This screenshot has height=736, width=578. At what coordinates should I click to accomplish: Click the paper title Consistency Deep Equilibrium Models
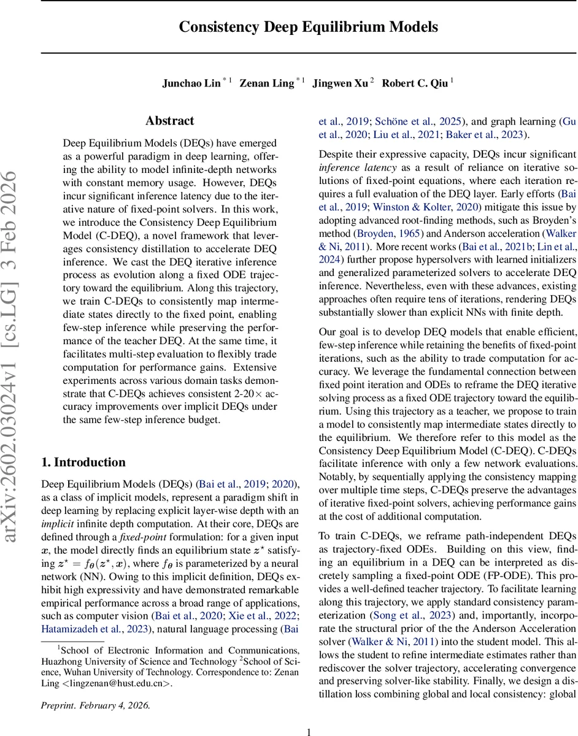point(309,27)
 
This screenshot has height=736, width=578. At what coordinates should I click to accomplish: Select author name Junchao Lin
point(191,83)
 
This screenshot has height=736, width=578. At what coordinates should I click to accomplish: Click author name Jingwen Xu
point(341,83)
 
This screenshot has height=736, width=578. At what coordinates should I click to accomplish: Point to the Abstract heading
point(170,121)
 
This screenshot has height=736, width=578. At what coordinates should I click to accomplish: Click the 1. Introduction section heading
point(83,462)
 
